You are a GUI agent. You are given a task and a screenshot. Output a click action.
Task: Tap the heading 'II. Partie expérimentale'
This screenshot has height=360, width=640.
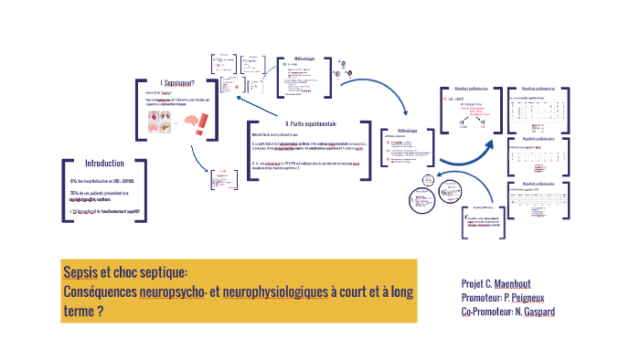(311, 124)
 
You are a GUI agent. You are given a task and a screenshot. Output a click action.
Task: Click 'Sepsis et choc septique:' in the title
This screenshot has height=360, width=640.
(125, 272)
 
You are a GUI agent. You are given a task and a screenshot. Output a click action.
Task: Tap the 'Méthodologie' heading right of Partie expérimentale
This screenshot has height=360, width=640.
(403, 131)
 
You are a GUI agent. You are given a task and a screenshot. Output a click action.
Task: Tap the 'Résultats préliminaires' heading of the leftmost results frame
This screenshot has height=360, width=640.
(464, 89)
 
